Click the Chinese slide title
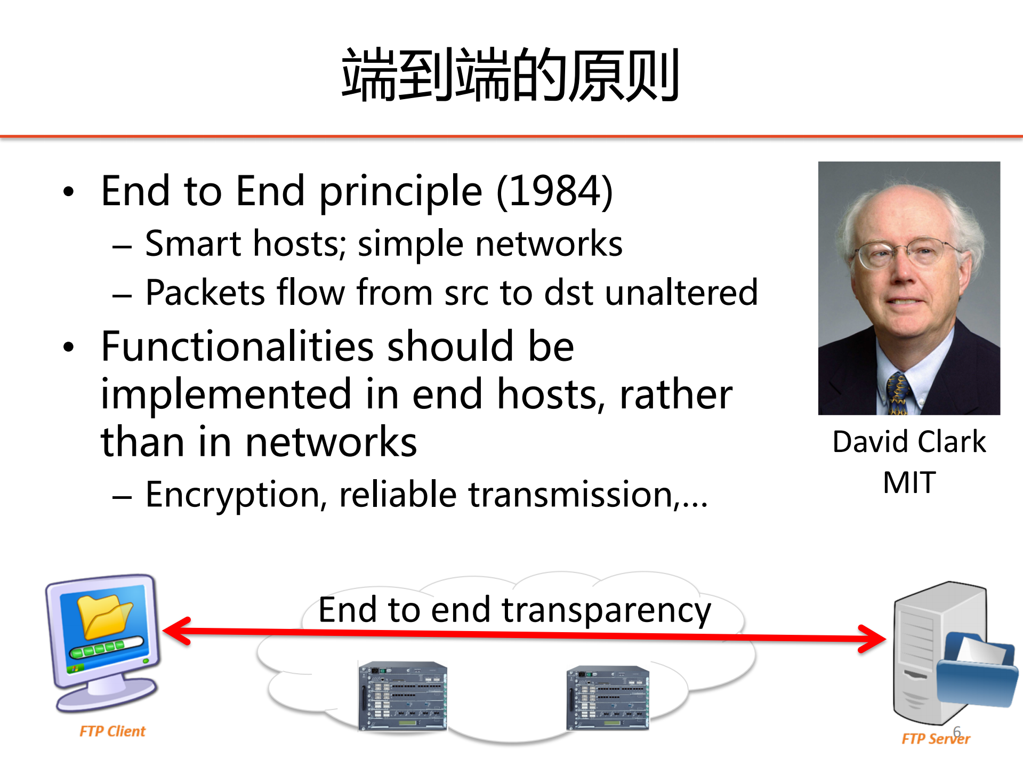(x=510, y=75)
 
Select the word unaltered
(x=681, y=293)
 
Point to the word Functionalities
(x=237, y=346)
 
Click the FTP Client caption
(x=112, y=731)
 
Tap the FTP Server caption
(x=936, y=739)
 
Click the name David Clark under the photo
(x=909, y=442)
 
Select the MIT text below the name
(x=909, y=483)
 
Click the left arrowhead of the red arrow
(x=176, y=631)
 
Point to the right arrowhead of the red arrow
(x=873, y=639)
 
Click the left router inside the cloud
(x=402, y=696)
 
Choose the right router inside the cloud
(x=608, y=697)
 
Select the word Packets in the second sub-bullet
(x=205, y=293)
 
